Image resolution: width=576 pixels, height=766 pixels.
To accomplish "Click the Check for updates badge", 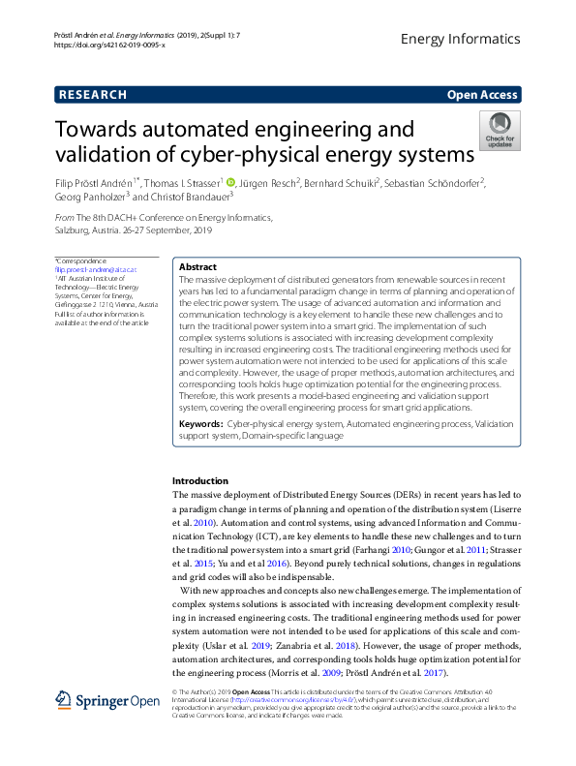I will click(500, 130).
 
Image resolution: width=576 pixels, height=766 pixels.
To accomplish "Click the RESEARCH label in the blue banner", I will click(93, 95).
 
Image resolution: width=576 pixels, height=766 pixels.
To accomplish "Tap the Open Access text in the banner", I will click(482, 95).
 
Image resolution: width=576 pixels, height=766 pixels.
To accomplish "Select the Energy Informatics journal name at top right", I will click(460, 39).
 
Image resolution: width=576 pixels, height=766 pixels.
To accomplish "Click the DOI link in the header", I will click(109, 45).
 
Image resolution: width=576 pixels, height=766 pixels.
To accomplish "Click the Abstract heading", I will click(199, 266).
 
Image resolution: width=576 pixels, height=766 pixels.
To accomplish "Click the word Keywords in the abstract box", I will click(200, 424).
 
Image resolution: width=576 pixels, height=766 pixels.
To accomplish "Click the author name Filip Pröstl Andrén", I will click(95, 182).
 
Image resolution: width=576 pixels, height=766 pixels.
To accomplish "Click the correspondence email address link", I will click(96, 269).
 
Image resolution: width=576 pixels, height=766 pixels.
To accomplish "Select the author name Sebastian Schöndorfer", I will click(440, 182).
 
